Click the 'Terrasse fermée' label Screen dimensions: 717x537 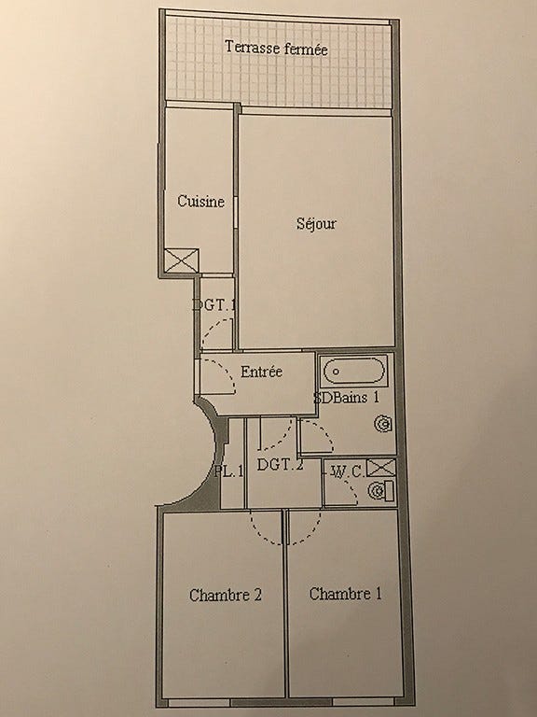[x=276, y=48]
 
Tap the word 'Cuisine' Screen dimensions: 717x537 [x=200, y=202]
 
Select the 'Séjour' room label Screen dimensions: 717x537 [x=316, y=224]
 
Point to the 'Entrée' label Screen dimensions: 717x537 [x=261, y=372]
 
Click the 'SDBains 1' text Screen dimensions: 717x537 [x=346, y=397]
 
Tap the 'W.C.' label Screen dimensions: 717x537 [x=346, y=471]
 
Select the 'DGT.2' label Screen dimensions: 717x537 [x=281, y=466]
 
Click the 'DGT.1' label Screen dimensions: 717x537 [x=214, y=304]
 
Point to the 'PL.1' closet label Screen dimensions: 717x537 [x=227, y=471]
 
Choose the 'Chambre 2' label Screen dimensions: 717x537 [x=224, y=595]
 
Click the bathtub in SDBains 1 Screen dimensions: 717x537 [x=354, y=372]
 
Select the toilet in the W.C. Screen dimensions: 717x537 [x=379, y=491]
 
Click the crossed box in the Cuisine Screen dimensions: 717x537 [x=181, y=260]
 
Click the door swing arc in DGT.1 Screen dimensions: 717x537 [x=216, y=331]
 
